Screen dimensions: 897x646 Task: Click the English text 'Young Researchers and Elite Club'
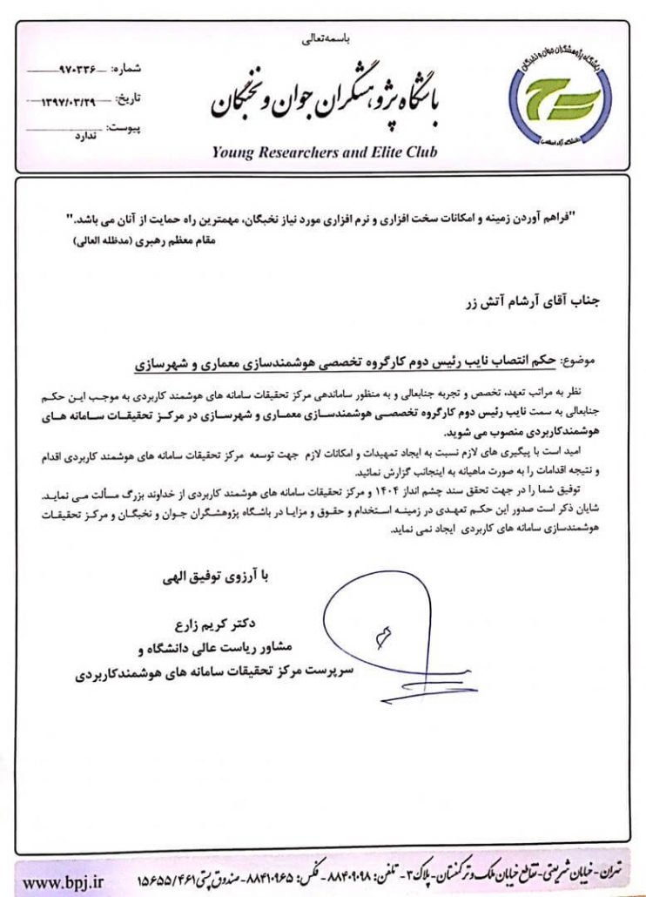(x=324, y=152)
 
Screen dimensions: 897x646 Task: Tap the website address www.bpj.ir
(x=64, y=881)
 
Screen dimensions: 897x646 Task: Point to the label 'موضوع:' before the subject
(x=581, y=361)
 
